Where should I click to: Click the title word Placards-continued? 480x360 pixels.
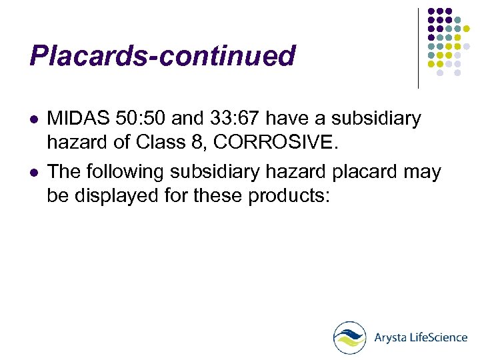coord(162,56)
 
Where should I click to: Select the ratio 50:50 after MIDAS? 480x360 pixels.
coord(141,119)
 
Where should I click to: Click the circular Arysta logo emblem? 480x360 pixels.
coord(350,337)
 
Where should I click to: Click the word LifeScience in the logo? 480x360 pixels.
coord(439,337)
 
